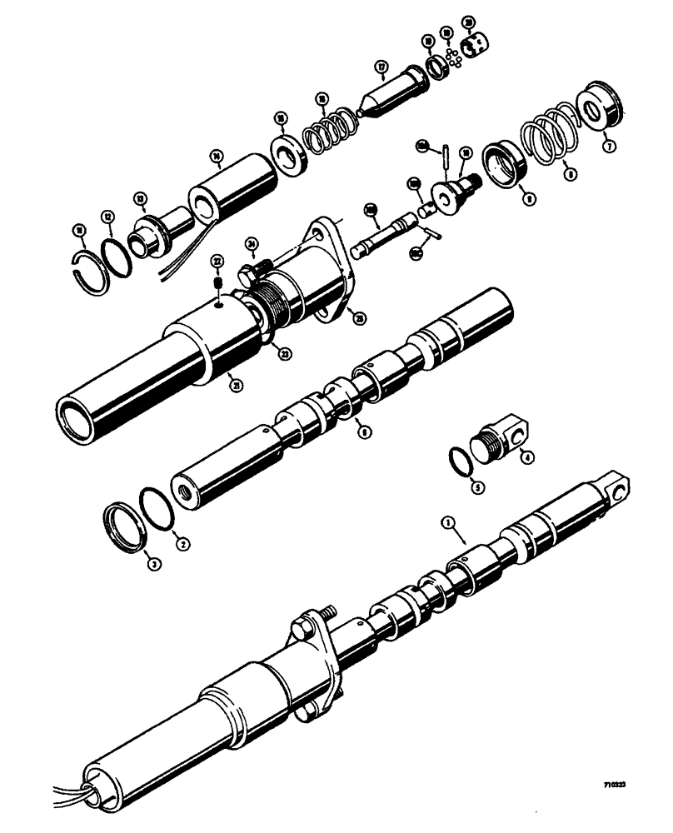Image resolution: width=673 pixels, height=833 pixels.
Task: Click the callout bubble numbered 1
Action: (448, 524)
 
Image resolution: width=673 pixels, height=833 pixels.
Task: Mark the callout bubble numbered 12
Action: (107, 217)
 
